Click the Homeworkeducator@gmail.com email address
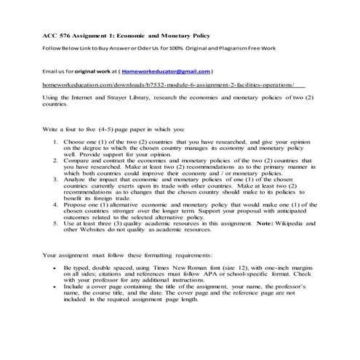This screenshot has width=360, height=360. tap(166, 72)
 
